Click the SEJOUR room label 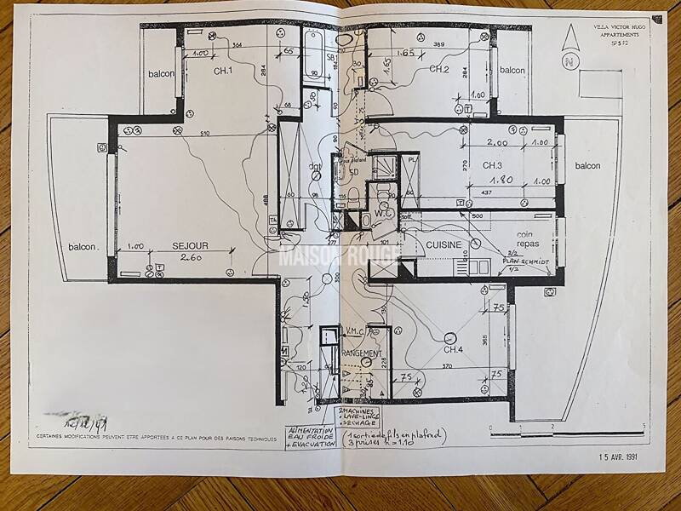point(190,245)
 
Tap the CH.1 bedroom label point(223,72)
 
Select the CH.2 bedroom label point(438,69)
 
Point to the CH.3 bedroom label point(495,164)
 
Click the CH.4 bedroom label point(453,349)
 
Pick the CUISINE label point(444,245)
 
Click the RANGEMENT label point(362,353)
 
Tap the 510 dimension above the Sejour point(204,134)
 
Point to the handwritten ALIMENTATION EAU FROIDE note point(312,438)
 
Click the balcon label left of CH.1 point(160,73)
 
